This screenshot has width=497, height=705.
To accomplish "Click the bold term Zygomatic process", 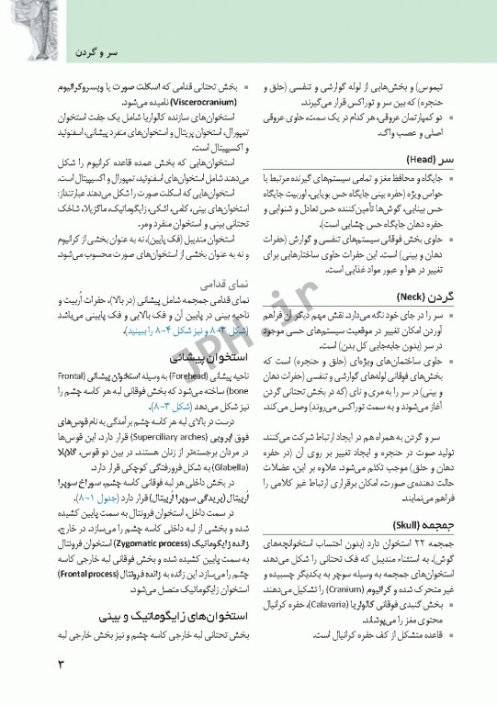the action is tap(133, 543).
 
